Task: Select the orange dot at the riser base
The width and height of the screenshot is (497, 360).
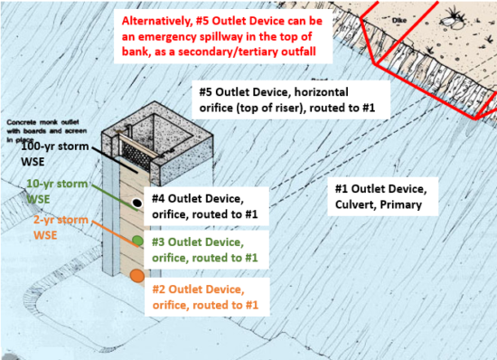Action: pyautogui.click(x=136, y=276)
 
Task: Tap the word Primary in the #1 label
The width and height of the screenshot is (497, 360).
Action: pyautogui.click(x=408, y=206)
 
